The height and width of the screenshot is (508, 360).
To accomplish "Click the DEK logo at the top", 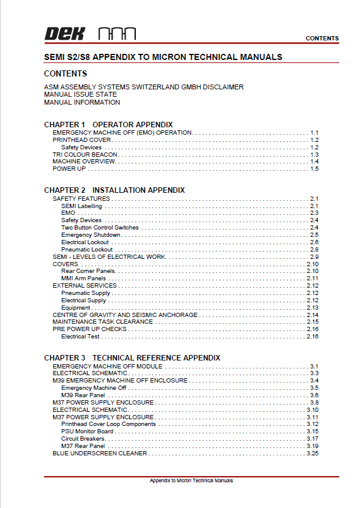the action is click(64, 34).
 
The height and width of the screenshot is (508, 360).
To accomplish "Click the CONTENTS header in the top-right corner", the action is click(322, 39).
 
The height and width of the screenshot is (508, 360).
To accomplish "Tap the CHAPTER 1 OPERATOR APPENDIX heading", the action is click(108, 125).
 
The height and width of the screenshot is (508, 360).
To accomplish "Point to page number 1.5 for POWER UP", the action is click(314, 169).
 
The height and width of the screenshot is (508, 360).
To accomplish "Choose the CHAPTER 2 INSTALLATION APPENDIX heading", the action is click(114, 190).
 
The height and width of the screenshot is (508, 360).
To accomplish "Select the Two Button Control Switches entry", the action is click(100, 228).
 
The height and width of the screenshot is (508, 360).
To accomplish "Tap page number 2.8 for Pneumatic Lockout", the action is click(314, 250).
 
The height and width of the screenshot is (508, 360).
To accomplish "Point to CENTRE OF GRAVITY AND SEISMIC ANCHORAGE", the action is click(125, 315).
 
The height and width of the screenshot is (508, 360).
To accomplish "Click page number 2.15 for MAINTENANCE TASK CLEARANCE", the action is click(312, 322).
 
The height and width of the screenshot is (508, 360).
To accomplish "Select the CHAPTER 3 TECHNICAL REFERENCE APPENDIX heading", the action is click(132, 357).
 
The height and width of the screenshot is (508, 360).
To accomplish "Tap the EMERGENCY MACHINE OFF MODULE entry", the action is click(108, 367).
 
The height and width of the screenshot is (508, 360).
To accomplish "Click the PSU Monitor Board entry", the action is click(87, 431).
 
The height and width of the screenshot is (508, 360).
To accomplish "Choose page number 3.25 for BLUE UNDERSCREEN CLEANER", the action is click(312, 454).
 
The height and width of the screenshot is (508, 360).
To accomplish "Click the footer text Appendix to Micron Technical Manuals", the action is click(191, 481).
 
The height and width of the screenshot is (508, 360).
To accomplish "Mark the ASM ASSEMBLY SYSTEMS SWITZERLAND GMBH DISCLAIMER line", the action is click(144, 87).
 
